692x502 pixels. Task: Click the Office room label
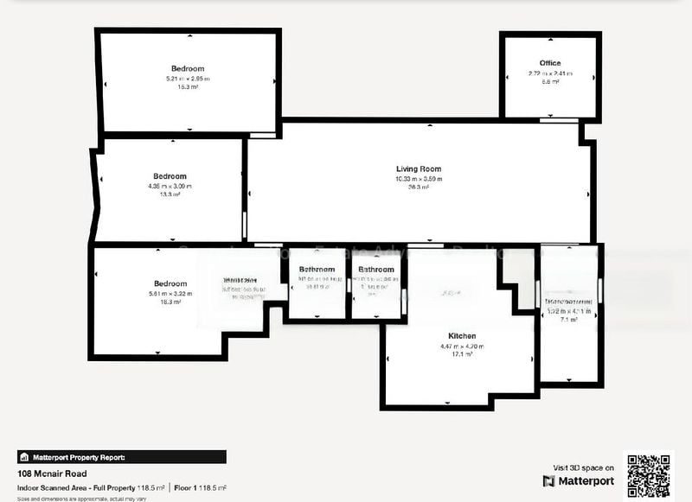click(550, 63)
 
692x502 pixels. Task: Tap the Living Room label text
click(419, 169)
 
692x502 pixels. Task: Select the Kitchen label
click(462, 335)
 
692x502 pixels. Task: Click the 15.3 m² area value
click(188, 87)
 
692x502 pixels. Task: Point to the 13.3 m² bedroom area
click(170, 194)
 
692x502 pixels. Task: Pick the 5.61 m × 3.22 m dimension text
click(170, 293)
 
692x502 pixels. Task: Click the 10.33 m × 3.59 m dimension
click(419, 179)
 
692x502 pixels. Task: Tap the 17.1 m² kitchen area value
click(462, 354)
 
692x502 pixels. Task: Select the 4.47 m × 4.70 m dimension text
click(462, 346)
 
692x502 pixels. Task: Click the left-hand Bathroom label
click(317, 270)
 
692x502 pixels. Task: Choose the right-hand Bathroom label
click(376, 270)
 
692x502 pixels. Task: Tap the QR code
click(648, 475)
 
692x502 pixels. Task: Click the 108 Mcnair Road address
click(48, 473)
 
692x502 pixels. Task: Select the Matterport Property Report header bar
click(122, 457)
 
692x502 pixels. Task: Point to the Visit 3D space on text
click(584, 467)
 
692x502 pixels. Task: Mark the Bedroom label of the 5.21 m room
click(188, 68)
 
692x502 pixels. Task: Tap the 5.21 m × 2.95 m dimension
click(188, 79)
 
